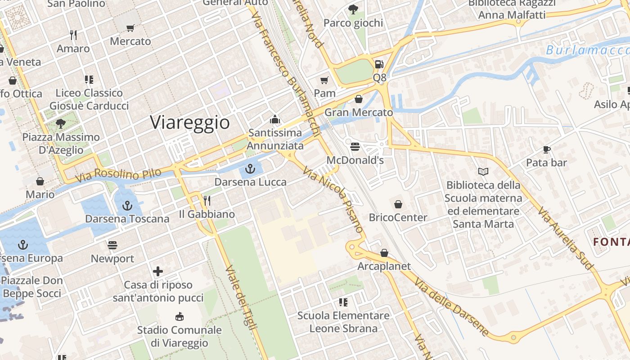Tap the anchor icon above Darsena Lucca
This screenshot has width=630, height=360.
tap(250, 169)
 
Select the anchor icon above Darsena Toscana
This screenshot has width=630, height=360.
tap(128, 206)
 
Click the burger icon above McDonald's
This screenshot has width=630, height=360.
tap(355, 147)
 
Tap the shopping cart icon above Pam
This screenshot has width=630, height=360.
tap(324, 81)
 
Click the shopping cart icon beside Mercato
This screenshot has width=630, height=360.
tap(130, 28)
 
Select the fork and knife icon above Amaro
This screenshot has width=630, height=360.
tap(73, 35)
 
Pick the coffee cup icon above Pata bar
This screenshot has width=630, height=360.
tap(547, 149)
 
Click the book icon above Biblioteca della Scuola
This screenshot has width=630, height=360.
tap(483, 171)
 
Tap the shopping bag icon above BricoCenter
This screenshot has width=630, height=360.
tap(398, 205)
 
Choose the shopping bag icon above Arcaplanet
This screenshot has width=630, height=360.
tap(384, 253)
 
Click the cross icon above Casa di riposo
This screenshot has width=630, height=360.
tap(158, 271)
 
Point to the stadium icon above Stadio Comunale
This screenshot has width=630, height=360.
tap(180, 316)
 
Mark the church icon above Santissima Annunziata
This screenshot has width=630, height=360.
tap(274, 119)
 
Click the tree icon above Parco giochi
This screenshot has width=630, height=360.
tap(353, 9)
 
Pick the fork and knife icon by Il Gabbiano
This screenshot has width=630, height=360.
tap(207, 200)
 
